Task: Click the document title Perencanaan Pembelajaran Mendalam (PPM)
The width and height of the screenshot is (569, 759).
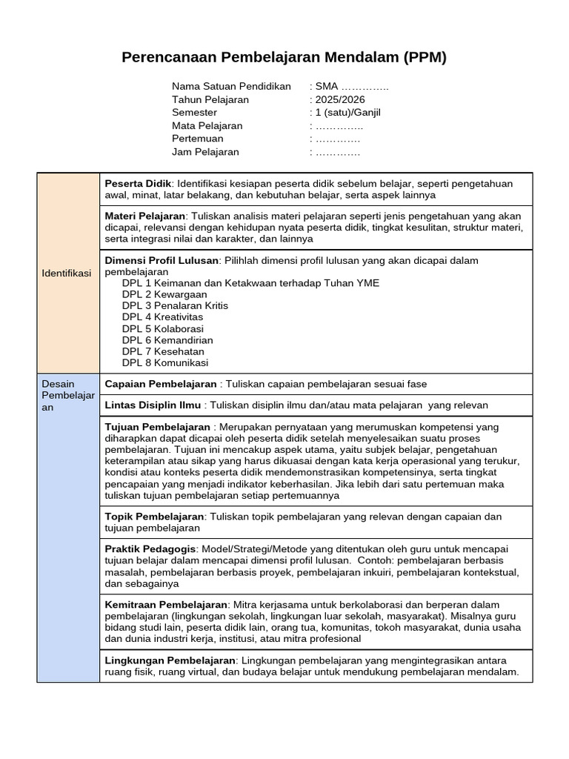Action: pos(284,58)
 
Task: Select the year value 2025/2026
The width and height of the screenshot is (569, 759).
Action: pos(340,99)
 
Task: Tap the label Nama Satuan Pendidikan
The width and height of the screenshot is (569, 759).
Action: pos(231,87)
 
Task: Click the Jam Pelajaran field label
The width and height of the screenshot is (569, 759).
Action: pos(205,152)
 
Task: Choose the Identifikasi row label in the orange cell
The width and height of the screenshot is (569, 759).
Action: pos(67,274)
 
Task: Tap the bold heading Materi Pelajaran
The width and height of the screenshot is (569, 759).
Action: pos(144,216)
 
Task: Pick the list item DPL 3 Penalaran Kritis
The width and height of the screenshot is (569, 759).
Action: pos(175,305)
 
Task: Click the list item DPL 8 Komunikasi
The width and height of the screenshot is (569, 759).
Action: pos(165,362)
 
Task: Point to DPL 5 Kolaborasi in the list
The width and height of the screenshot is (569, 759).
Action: pos(163,328)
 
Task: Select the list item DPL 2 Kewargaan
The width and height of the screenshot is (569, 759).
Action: pos(164,294)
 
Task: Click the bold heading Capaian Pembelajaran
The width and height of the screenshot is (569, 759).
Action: pos(161,384)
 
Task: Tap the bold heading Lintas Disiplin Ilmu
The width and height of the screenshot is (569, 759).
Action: pos(153,405)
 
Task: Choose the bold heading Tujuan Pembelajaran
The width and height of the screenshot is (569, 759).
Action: pos(158,427)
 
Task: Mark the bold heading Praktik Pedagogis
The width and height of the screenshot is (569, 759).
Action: pos(150,548)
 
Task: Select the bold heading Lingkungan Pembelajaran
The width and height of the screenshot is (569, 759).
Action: pos(170,660)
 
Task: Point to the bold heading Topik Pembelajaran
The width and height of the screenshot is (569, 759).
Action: pos(154,516)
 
